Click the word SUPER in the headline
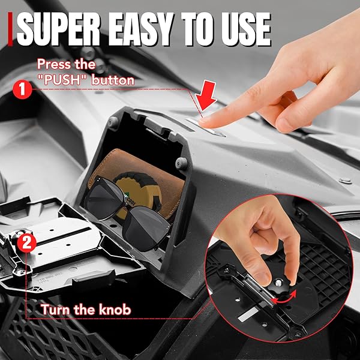(58, 29)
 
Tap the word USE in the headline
(247, 29)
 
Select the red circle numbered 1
(22, 89)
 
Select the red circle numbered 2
(27, 243)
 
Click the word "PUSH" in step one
(63, 80)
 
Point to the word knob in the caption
(115, 310)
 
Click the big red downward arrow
(206, 95)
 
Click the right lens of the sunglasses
(145, 227)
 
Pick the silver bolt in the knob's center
(278, 283)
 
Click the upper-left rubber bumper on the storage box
(113, 122)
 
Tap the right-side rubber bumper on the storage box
(181, 163)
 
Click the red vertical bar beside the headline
(10, 29)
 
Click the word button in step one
(113, 80)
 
